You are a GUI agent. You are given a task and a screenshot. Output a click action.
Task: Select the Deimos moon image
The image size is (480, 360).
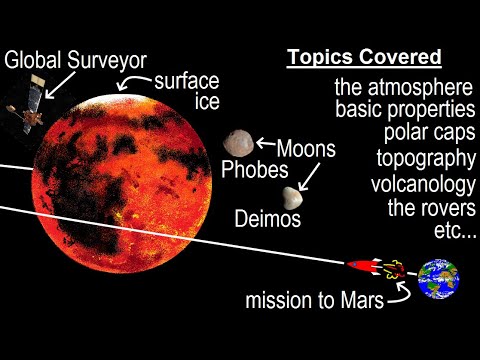coord(293,199)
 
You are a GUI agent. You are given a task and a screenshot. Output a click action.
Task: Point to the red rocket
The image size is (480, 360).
coord(361,266)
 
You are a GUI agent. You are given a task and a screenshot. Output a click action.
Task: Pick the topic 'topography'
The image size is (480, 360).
coord(424,160)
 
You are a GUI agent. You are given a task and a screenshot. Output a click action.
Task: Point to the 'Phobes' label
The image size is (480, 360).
coord(256,170)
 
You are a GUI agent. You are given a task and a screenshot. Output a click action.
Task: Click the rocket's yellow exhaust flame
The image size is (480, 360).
coord(391,268)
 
